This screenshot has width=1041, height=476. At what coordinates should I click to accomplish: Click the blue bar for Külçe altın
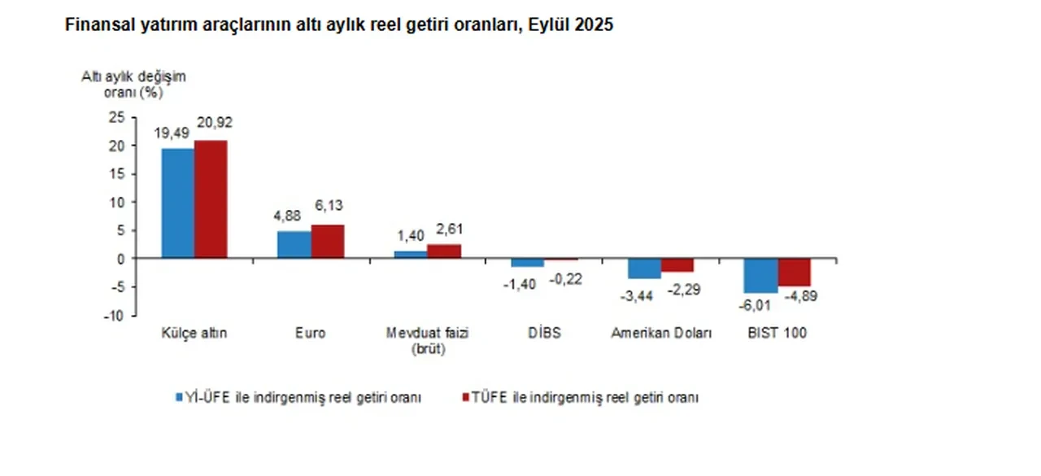click(177, 203)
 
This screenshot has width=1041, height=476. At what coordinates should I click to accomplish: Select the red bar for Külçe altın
click(211, 199)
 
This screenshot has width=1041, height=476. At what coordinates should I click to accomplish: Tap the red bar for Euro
click(327, 242)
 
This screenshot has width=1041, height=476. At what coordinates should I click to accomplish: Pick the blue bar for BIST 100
click(760, 276)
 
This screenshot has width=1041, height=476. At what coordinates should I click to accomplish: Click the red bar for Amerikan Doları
click(677, 265)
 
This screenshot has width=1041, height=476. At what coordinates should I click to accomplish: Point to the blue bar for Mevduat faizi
click(410, 255)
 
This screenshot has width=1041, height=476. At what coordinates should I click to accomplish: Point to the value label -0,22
click(565, 278)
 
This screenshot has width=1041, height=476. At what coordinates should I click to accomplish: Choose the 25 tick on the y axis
click(118, 117)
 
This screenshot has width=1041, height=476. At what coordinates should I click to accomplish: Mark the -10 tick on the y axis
click(116, 316)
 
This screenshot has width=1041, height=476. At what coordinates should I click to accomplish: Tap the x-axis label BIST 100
click(777, 334)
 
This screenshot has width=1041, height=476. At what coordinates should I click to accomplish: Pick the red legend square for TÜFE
click(466, 397)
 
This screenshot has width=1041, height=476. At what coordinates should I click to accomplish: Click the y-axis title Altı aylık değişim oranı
click(133, 84)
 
